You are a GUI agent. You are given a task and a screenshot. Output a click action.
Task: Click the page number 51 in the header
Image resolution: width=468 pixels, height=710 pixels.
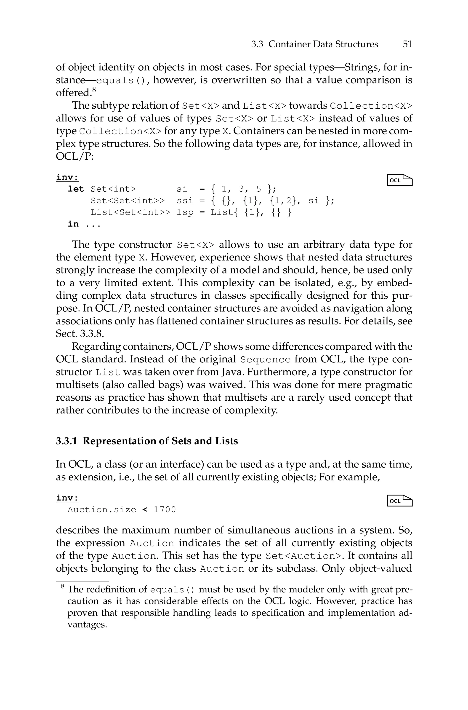pos(407,44)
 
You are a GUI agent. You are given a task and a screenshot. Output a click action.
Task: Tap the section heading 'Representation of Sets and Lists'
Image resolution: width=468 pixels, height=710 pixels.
pos(160,441)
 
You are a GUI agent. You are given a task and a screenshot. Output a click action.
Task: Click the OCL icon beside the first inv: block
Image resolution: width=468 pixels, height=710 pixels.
pos(400,180)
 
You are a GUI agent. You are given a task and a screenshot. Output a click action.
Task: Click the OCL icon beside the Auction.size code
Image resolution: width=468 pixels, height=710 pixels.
pos(400,501)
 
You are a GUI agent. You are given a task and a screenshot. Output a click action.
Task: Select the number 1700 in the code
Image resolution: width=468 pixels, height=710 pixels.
pos(165,510)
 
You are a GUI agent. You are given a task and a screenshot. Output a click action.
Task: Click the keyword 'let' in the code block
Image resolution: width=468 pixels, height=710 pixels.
pos(76,189)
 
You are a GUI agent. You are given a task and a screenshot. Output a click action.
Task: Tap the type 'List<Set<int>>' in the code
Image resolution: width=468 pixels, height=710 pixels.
pos(130,212)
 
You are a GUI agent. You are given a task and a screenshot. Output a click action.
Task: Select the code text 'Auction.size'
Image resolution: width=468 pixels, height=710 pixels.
pos(102,510)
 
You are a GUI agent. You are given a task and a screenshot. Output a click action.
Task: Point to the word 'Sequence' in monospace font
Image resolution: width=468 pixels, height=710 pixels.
pos(265,359)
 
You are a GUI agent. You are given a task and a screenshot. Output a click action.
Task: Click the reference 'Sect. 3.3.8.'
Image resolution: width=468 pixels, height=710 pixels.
pos(80,333)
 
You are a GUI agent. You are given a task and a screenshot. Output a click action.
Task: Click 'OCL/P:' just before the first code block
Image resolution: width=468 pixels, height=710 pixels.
pos(75,156)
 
